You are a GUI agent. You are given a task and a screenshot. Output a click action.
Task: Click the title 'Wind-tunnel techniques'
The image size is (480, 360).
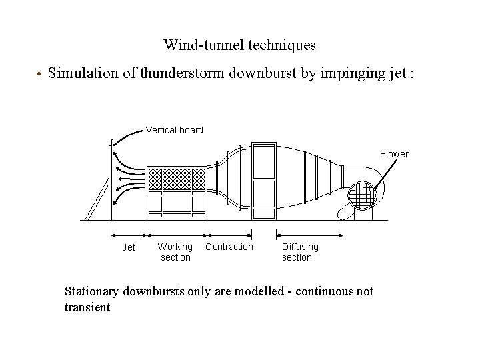(239, 45)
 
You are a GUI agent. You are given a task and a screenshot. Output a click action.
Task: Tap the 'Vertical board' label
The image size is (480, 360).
(175, 130)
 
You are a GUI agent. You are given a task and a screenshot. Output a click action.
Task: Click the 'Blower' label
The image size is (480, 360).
(394, 154)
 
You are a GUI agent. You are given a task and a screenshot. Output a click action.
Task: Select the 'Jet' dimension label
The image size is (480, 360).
(129, 247)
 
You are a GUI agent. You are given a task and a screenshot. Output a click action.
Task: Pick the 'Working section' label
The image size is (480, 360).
(175, 252)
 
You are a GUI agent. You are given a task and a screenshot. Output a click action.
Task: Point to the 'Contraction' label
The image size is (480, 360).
(229, 247)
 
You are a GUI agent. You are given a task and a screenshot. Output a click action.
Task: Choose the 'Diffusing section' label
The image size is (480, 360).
(300, 252)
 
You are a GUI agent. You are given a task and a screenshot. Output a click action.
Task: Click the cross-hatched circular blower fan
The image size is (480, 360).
(365, 197)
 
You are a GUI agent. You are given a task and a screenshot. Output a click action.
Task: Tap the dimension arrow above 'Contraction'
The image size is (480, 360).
(229, 234)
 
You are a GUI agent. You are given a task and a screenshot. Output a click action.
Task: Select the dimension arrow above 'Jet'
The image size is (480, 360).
(129, 234)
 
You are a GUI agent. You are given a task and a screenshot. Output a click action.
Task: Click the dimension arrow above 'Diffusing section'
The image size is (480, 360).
(310, 234)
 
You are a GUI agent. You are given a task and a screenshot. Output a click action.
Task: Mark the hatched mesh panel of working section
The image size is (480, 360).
(176, 179)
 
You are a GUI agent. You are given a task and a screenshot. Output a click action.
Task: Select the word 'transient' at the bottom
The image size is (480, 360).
(87, 307)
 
